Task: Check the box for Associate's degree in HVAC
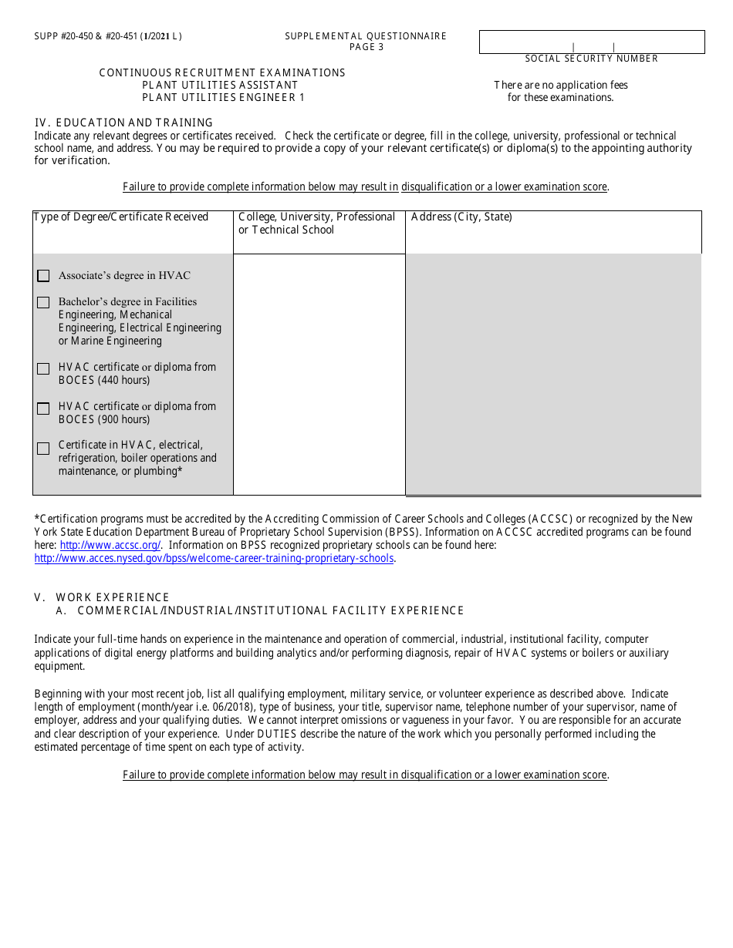(43, 276)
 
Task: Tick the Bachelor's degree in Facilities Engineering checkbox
(43, 303)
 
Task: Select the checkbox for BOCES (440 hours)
(43, 369)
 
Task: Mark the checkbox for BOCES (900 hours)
(43, 408)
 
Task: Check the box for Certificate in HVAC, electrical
(43, 448)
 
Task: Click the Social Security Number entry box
(592, 42)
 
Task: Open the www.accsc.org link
(110, 546)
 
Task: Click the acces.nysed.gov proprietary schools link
(214, 559)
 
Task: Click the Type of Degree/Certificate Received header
(121, 217)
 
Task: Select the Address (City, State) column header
(461, 217)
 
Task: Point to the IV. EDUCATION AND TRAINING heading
(123, 123)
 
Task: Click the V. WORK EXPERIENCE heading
(102, 597)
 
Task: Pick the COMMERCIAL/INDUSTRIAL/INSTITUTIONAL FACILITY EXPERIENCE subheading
(271, 610)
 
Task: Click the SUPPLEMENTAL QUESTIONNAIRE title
(366, 36)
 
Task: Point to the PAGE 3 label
(366, 47)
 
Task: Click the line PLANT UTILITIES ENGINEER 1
(224, 97)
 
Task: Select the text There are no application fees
(561, 85)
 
